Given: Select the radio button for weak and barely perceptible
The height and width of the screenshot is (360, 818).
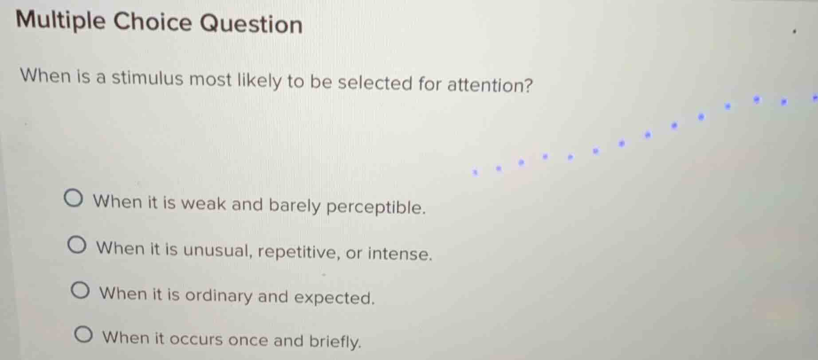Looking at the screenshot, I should (73, 199).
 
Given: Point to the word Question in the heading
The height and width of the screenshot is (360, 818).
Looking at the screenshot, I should (251, 24).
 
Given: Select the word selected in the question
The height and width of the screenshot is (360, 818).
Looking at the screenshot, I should (375, 83).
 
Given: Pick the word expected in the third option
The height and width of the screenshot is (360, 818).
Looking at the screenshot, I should (334, 297).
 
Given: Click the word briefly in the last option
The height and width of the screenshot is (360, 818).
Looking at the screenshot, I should (335, 341).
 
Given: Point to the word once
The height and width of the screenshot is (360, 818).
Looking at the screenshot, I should (248, 340).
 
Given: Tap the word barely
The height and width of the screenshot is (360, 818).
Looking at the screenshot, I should (295, 206).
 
